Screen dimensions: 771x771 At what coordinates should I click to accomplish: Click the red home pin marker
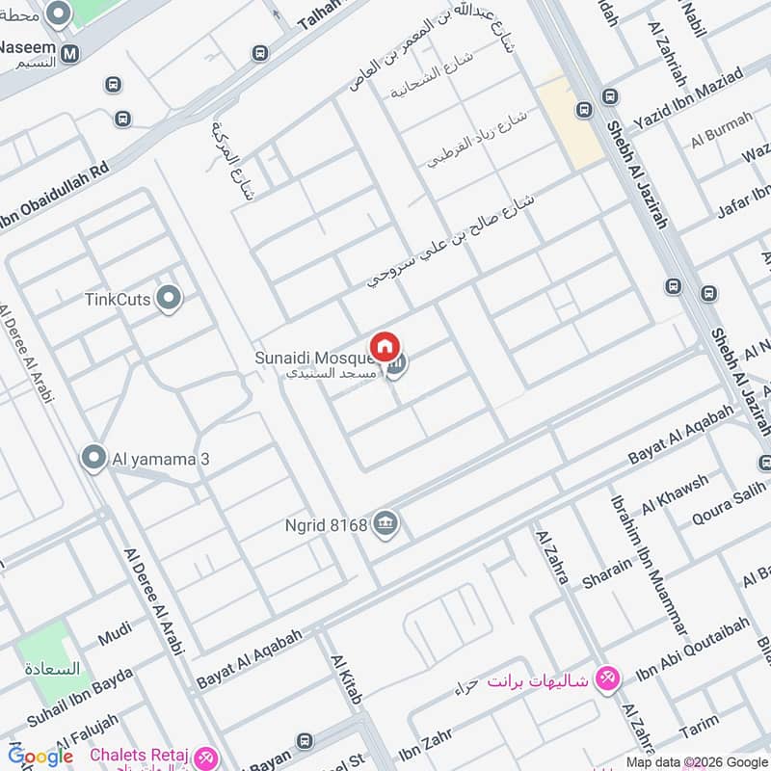[385, 347]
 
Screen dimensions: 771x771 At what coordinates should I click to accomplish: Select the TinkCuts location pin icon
[170, 299]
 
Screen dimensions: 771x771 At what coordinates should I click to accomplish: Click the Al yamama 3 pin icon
[93, 458]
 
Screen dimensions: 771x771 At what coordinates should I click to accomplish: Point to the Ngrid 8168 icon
[386, 525]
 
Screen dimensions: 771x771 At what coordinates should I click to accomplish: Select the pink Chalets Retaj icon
[205, 758]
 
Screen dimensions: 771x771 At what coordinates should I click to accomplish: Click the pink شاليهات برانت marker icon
[606, 678]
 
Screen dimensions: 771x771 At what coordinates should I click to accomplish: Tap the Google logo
[40, 757]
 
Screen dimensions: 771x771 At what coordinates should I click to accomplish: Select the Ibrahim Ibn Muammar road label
[648, 564]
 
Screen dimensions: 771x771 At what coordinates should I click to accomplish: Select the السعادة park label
[53, 668]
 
